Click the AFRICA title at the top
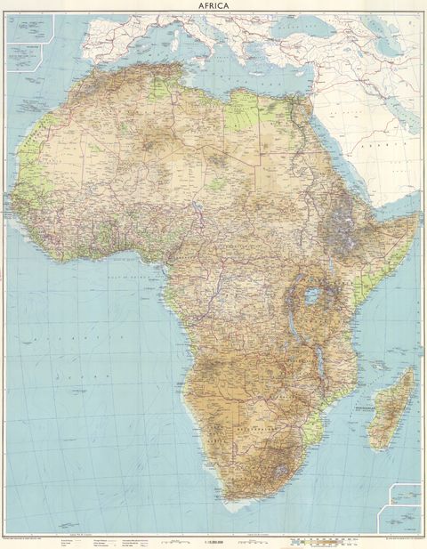tap(213, 7)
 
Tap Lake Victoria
tap(312, 295)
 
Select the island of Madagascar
tap(392, 406)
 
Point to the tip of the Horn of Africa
tap(417, 213)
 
